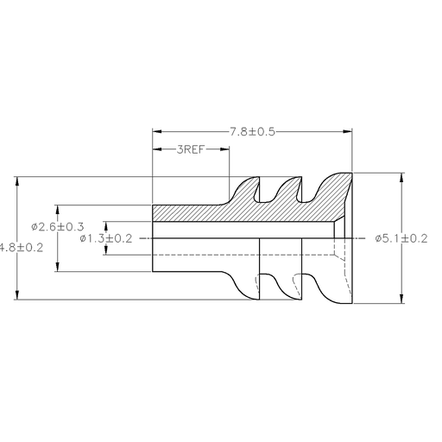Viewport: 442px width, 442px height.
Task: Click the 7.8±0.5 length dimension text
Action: click(x=252, y=131)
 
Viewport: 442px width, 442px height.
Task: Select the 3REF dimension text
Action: click(x=191, y=149)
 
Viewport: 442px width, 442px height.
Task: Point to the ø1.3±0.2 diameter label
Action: click(x=105, y=238)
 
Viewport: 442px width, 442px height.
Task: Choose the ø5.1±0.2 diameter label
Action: click(x=402, y=238)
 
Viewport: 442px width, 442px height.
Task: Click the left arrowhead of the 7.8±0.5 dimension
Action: click(x=156, y=131)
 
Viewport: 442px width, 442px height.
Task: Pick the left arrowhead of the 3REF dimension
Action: click(x=156, y=149)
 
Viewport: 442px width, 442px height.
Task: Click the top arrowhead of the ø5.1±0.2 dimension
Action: click(x=401, y=176)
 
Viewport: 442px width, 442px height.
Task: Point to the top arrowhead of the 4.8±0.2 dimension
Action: click(x=17, y=180)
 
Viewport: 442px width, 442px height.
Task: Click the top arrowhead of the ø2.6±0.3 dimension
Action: click(x=57, y=207)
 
